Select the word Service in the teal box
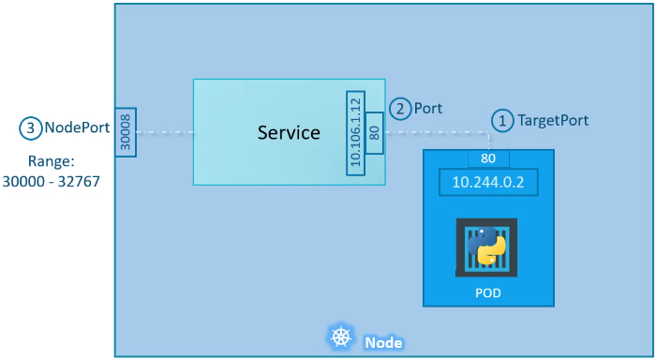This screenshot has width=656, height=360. point(289,132)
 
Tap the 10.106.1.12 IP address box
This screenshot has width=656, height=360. point(354,132)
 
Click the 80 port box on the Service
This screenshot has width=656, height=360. point(374,132)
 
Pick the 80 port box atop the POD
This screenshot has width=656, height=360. point(487,157)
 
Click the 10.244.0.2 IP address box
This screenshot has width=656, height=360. point(488,182)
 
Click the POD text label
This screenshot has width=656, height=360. point(487,293)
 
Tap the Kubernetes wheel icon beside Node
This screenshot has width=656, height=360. point(338,337)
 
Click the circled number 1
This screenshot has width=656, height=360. point(502,120)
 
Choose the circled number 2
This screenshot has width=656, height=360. point(400,108)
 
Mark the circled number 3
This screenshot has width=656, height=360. point(31,127)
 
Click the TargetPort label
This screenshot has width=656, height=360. point(553,120)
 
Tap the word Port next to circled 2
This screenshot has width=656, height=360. point(428,108)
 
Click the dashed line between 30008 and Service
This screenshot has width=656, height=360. point(166,132)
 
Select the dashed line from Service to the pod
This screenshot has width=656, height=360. point(436,132)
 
